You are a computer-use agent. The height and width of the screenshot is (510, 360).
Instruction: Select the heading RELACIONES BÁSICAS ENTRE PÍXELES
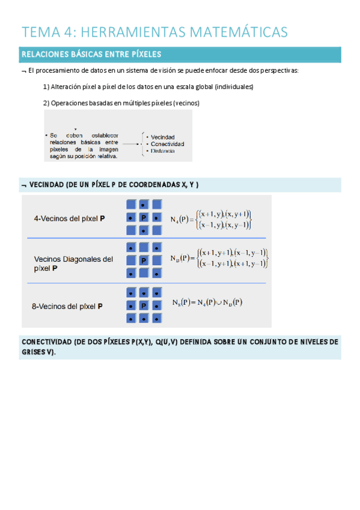coord(91,55)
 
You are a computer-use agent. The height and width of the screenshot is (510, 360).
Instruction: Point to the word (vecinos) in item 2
coord(186,103)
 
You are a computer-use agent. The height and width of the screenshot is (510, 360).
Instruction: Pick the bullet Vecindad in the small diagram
coord(163,137)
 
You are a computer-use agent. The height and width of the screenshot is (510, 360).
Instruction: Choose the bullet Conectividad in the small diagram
coord(168,144)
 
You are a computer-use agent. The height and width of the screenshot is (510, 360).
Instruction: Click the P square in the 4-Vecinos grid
coord(144,218)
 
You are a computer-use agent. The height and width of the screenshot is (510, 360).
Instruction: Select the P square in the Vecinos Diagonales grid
coord(144,260)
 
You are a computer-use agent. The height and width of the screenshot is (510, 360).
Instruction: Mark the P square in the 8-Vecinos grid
coord(144,306)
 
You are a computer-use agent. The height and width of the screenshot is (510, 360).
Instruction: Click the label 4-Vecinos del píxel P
coord(70,219)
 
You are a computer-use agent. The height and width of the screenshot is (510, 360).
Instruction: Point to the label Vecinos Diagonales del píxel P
coord(73,264)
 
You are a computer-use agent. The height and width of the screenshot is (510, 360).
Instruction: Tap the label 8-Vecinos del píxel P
coord(67,306)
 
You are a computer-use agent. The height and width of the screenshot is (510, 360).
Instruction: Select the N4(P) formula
coord(211,219)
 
